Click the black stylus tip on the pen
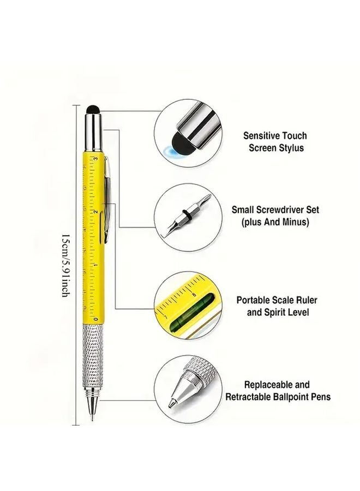click(93, 110)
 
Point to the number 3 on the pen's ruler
click(96, 159)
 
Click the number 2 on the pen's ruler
click(96, 212)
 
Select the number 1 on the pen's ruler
click(96, 266)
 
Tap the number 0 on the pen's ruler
click(96, 319)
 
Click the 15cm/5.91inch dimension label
click(65, 265)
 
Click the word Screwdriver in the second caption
click(283, 209)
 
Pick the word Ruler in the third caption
click(306, 300)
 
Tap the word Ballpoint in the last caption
click(292, 397)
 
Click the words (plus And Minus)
click(275, 222)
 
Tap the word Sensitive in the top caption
click(261, 136)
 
